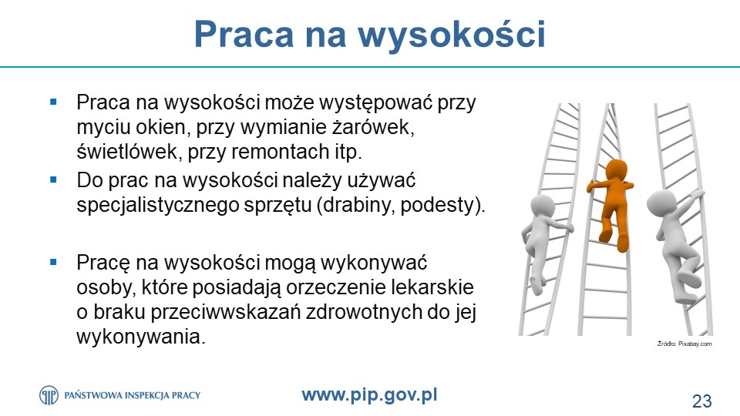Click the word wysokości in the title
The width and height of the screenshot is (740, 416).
point(452,34)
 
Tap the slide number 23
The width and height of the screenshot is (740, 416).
point(701,401)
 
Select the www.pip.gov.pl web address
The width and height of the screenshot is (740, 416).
point(369,394)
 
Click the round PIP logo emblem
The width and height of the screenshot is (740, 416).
point(49,395)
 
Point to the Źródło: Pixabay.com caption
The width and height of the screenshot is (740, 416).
point(684,344)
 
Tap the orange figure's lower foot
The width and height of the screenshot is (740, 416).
point(623,243)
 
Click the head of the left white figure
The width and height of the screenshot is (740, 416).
point(543,206)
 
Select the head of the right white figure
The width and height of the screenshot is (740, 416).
point(658,203)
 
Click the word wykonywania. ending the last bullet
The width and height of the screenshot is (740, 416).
point(141,337)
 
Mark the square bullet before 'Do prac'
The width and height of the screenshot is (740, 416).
point(53,179)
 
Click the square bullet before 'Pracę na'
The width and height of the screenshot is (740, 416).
point(53,262)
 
